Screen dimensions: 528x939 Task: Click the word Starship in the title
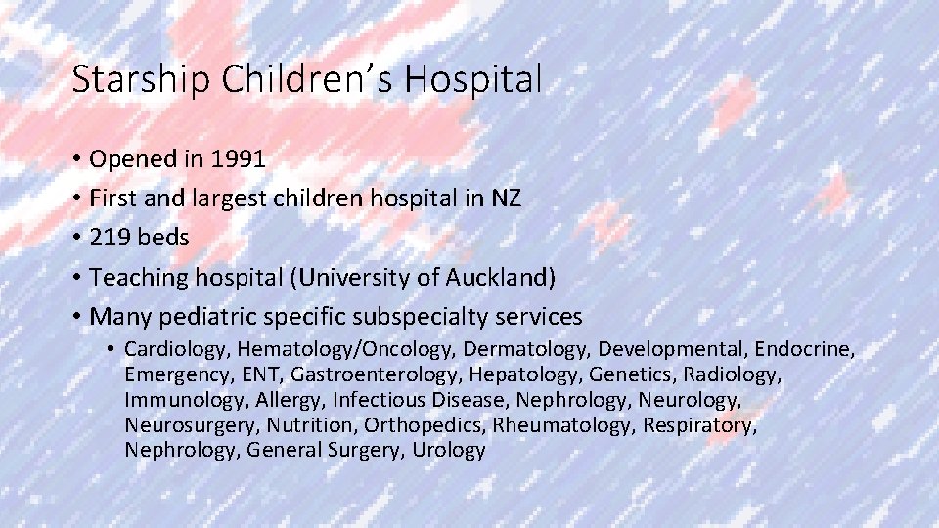tap(141, 79)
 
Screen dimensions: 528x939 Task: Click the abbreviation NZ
tap(505, 198)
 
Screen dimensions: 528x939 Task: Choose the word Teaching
tap(136, 278)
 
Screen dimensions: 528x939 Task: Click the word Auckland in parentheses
tap(501, 278)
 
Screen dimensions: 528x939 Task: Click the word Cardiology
tap(177, 349)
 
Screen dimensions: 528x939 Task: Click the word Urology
tap(448, 451)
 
